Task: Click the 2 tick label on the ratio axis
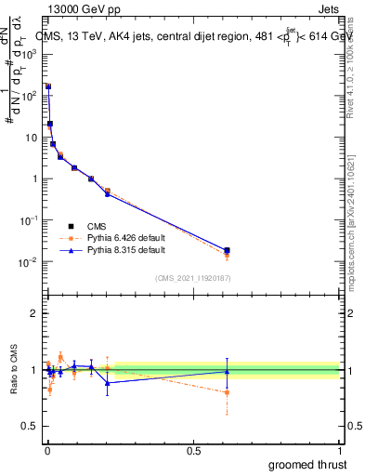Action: click(x=34, y=313)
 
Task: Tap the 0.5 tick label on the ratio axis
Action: click(x=30, y=427)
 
